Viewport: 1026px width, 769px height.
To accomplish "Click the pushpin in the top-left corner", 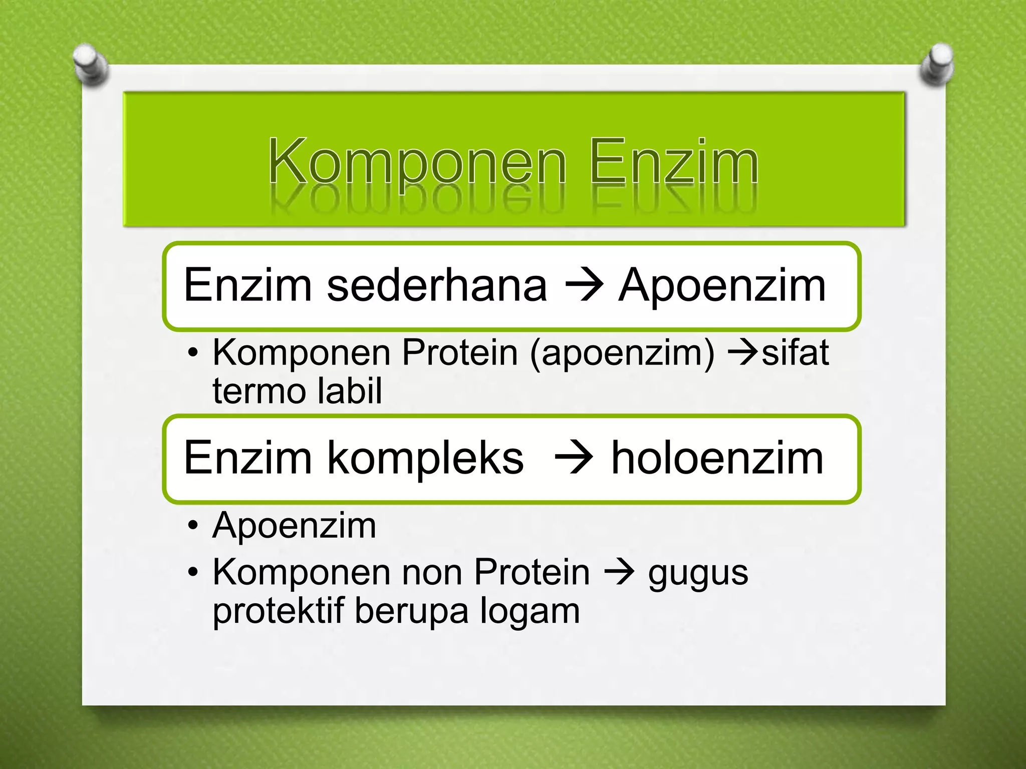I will tap(90, 65).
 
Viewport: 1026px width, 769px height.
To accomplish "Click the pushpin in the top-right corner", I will tap(937, 65).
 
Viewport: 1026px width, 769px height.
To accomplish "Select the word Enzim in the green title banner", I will tap(674, 163).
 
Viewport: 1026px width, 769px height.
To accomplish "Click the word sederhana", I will tap(437, 285).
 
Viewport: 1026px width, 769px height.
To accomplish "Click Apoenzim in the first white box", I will tap(721, 285).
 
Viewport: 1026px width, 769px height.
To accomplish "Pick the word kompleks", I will tap(425, 458).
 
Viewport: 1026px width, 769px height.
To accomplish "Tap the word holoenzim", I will tap(717, 458).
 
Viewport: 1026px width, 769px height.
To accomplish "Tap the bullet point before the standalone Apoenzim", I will tap(193, 526).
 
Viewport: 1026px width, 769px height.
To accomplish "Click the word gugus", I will tap(698, 574).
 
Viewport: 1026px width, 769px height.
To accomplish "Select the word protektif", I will tap(279, 611).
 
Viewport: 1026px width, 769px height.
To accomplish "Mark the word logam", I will tap(530, 612).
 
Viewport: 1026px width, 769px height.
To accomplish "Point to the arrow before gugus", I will tap(620, 572).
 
